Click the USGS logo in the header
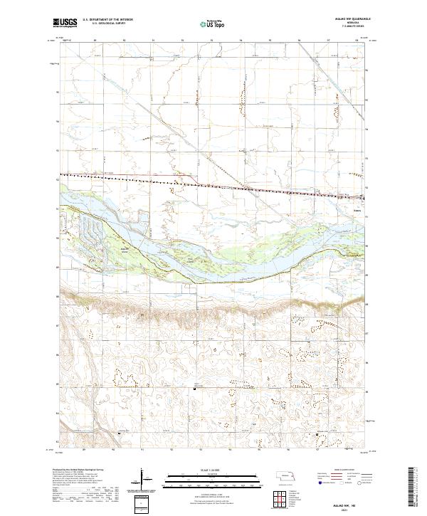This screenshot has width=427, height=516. click(x=64, y=23)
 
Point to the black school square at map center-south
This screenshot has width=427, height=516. click(x=196, y=387)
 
